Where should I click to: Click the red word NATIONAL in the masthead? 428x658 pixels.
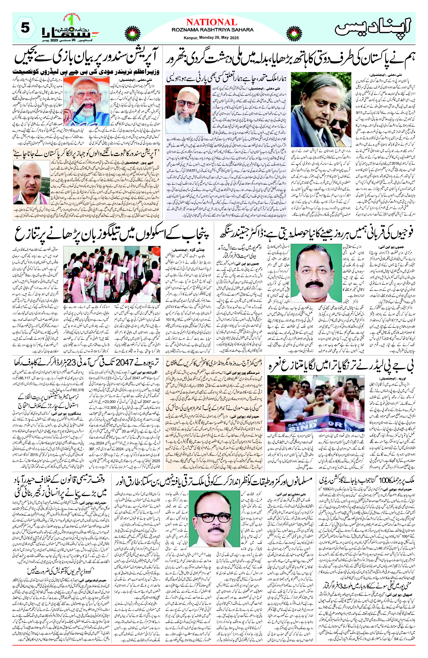pyautogui.click(x=212, y=22)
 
